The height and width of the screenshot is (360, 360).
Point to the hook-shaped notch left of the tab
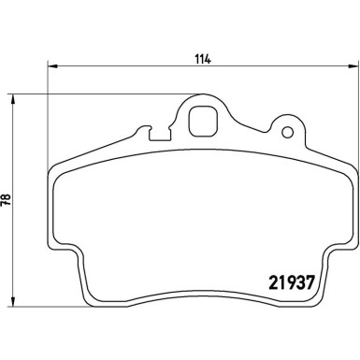point(142,133)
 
